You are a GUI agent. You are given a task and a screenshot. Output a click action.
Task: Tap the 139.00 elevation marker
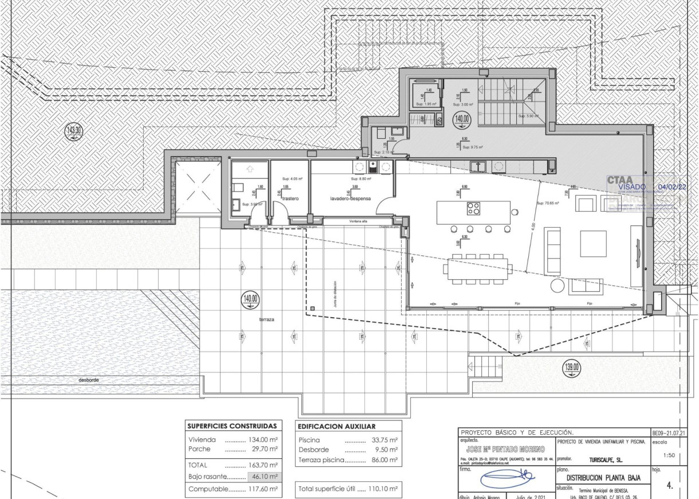tap(572, 368)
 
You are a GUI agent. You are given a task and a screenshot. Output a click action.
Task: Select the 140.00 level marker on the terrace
tap(251, 299)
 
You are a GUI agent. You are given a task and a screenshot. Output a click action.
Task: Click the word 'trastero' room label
tap(290, 198)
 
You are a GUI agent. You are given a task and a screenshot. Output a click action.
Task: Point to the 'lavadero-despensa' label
tap(351, 198)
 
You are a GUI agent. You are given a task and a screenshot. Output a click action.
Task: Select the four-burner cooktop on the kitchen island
tap(473, 209)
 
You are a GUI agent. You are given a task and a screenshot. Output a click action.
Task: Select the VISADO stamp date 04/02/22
tap(675, 186)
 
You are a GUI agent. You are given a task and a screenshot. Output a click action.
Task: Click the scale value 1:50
tap(667, 455)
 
